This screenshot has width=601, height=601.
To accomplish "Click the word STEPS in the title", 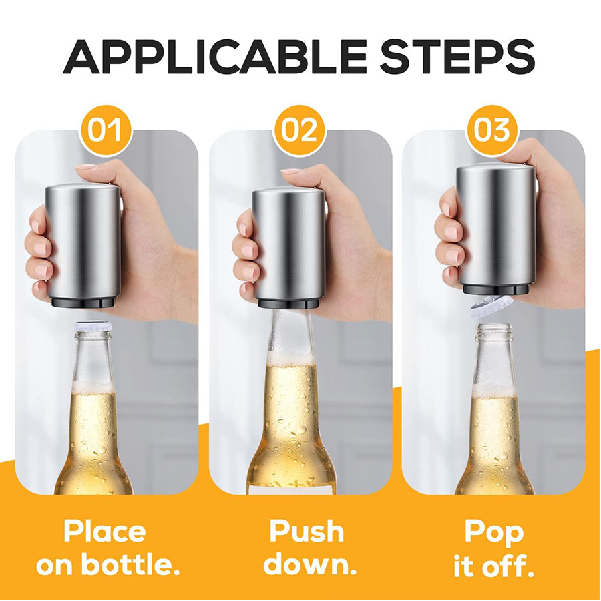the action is tap(458, 57).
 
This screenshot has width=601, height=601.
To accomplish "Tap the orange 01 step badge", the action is tap(105, 130).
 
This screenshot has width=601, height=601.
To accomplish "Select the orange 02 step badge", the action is tap(299, 130).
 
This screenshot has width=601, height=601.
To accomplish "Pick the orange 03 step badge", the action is tap(492, 130).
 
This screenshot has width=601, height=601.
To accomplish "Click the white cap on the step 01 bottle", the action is tap(93, 326).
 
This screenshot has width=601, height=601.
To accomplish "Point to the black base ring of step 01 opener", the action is tap(83, 302).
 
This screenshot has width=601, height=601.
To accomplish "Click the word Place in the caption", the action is tap(105, 531).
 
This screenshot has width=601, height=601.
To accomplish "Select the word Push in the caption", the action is tap(307, 531).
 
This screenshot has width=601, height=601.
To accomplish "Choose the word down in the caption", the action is tap(310, 564).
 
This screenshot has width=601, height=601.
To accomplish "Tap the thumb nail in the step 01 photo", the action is tap(86, 167).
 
